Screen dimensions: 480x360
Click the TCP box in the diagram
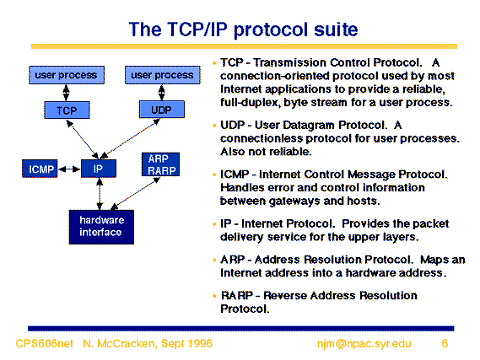click(x=67, y=110)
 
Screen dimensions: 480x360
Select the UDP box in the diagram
click(x=162, y=110)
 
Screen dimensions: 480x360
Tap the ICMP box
click(x=40, y=169)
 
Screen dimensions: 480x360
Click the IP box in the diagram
click(x=99, y=169)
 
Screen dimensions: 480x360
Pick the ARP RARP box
click(x=161, y=164)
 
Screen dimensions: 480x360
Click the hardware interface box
click(x=101, y=227)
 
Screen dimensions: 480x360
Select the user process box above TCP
click(x=67, y=75)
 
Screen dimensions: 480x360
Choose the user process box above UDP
click(x=163, y=75)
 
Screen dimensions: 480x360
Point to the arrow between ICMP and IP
click(x=69, y=169)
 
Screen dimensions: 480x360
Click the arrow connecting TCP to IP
click(x=83, y=139)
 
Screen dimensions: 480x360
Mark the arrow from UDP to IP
click(x=130, y=138)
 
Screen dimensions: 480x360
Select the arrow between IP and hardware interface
click(x=100, y=194)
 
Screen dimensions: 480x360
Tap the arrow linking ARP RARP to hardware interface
click(x=135, y=193)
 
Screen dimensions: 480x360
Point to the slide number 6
click(x=445, y=343)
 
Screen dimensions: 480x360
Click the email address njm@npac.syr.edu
click(x=364, y=344)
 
